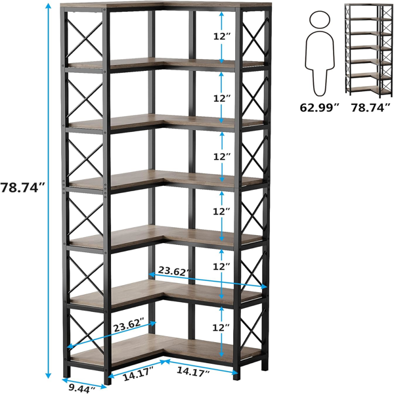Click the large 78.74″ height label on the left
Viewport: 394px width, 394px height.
coord(22,188)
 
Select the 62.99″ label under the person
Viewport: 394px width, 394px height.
coord(319,108)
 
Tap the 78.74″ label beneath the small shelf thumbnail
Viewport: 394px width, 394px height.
coord(370,108)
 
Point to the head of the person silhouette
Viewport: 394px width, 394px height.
coord(320,19)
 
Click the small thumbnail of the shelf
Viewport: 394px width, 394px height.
coord(368,51)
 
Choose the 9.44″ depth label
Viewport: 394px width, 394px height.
coord(81,389)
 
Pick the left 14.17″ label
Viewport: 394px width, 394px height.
coord(138,374)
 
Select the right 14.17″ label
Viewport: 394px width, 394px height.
coord(193,372)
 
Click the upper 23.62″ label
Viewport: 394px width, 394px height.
coord(175,271)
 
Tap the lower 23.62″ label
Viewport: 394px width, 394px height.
coord(129,324)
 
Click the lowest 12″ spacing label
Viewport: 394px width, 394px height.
coord(221,328)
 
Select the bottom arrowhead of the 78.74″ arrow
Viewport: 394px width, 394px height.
coord(48,375)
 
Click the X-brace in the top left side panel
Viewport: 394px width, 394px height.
coord(85,37)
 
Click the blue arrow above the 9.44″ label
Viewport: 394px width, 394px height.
coord(85,383)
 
